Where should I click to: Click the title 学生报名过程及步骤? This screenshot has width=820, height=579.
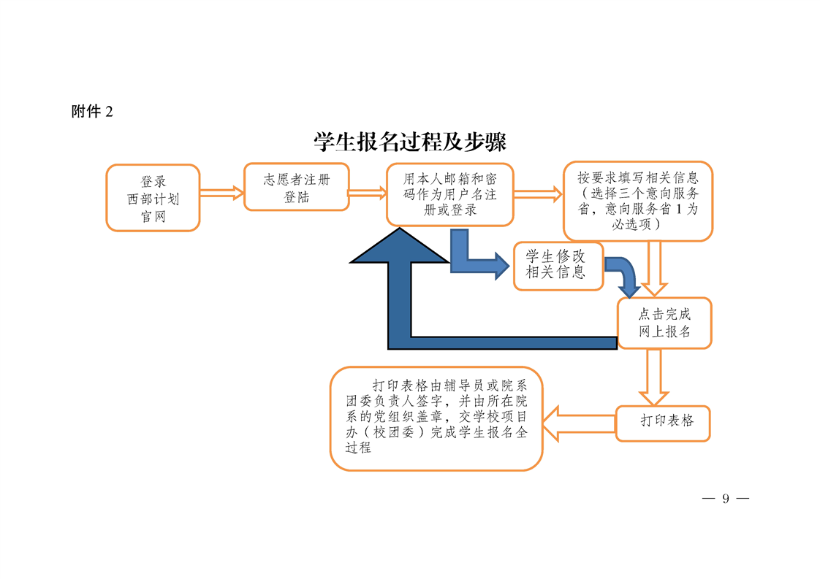tap(410, 142)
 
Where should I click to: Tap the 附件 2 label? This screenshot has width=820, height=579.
tap(93, 112)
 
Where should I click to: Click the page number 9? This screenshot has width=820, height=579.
tap(725, 499)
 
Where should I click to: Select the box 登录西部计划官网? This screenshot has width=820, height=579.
tap(153, 198)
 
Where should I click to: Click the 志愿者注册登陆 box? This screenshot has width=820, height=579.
tap(296, 188)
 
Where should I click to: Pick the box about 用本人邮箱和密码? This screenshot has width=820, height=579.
tap(449, 194)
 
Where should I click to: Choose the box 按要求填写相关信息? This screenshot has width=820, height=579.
tap(637, 201)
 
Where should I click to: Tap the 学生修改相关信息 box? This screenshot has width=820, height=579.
tap(558, 265)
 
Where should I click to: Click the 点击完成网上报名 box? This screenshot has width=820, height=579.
tap(664, 323)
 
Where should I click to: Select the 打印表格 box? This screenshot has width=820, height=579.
tap(663, 421)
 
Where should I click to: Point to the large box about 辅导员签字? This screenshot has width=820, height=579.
tap(436, 418)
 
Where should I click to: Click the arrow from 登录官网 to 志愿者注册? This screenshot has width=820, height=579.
tap(221, 193)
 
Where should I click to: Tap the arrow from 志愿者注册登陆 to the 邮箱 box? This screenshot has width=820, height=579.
tap(368, 193)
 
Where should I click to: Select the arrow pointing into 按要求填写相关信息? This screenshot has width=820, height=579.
tap(538, 193)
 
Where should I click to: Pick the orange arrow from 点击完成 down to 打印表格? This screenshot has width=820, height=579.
tap(654, 376)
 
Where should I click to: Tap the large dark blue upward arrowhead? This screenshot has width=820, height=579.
tap(400, 246)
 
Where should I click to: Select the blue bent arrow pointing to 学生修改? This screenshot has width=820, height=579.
tap(475, 260)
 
